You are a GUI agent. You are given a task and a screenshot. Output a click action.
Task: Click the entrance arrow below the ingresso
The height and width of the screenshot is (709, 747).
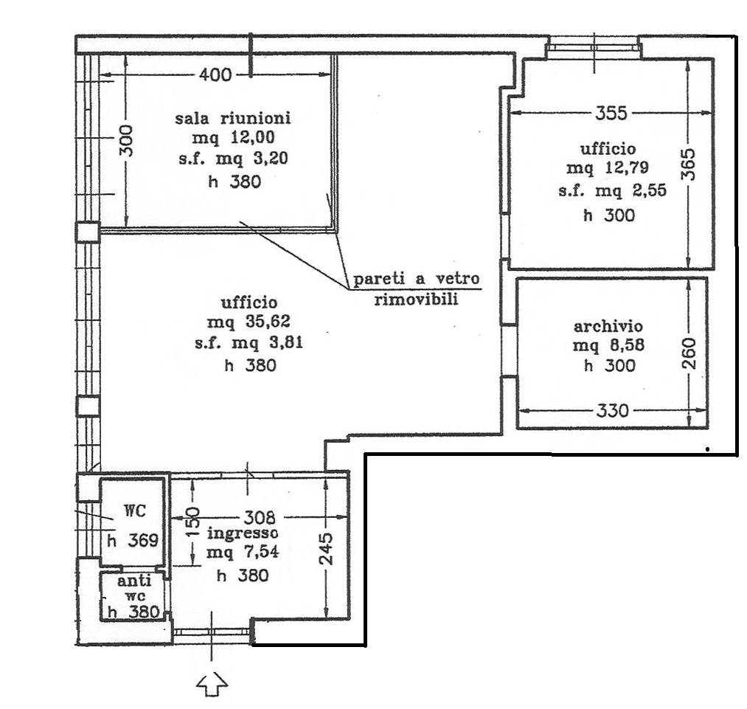pyautogui.click(x=212, y=685)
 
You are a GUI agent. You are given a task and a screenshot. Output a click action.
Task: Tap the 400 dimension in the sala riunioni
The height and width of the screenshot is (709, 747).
pyautogui.click(x=215, y=75)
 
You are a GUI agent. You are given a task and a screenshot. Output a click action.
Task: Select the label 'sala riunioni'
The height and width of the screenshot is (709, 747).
pyautogui.click(x=233, y=118)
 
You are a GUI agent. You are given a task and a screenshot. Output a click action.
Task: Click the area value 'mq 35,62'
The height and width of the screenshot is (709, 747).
pyautogui.click(x=249, y=322)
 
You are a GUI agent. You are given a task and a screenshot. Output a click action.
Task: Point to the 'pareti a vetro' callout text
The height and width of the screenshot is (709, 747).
pyautogui.click(x=417, y=279)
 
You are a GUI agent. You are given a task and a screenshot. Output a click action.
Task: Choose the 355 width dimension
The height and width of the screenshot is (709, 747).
pyautogui.click(x=612, y=113)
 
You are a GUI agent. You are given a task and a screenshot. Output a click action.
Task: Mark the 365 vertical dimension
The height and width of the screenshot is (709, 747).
pyautogui.click(x=689, y=165)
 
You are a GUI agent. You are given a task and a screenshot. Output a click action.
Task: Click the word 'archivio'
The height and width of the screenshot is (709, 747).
pyautogui.click(x=608, y=326)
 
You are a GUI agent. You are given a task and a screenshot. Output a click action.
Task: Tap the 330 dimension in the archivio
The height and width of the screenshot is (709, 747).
pyautogui.click(x=613, y=410)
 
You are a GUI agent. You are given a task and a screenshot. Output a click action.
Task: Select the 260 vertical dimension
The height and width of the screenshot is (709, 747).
pyautogui.click(x=689, y=353)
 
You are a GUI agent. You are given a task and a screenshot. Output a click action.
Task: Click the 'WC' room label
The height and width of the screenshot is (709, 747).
pyautogui.click(x=135, y=511)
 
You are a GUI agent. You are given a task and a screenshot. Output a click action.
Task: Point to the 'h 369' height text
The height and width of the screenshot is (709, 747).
pyautogui.click(x=133, y=541)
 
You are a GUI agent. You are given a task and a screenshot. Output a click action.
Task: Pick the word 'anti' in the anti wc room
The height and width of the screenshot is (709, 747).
pyautogui.click(x=134, y=581)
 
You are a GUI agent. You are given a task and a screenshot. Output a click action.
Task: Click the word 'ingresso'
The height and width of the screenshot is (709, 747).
pyautogui.click(x=243, y=533)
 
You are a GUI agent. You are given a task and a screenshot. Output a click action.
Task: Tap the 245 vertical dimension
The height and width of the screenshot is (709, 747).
pyautogui.click(x=327, y=549)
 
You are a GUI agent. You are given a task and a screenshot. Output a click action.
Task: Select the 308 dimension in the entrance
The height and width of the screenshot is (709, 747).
pyautogui.click(x=260, y=517)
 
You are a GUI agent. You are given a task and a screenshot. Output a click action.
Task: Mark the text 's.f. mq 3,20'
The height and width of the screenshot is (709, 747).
pyautogui.click(x=234, y=159)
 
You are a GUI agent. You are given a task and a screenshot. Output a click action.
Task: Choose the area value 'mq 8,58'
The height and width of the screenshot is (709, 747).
pyautogui.click(x=608, y=345)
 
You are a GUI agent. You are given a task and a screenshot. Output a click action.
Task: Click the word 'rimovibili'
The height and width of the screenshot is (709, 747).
pyautogui.click(x=417, y=300)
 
